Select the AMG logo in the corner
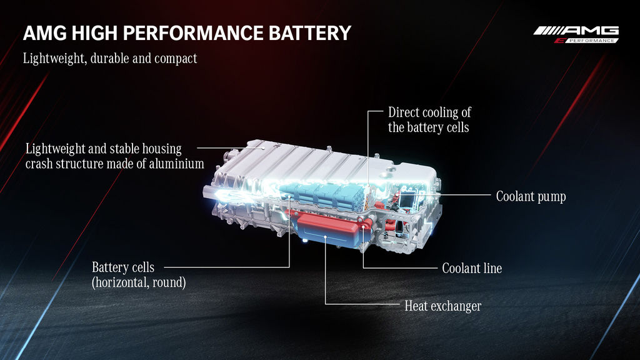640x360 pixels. (x=576, y=35)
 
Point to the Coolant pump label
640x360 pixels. (x=531, y=196)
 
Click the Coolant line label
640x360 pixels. (x=472, y=268)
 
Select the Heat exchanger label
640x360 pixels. (x=443, y=306)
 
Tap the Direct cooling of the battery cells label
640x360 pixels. (x=429, y=119)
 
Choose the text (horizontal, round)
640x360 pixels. (x=139, y=282)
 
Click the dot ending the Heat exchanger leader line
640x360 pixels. (x=325, y=237)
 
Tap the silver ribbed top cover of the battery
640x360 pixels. (x=302, y=163)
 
